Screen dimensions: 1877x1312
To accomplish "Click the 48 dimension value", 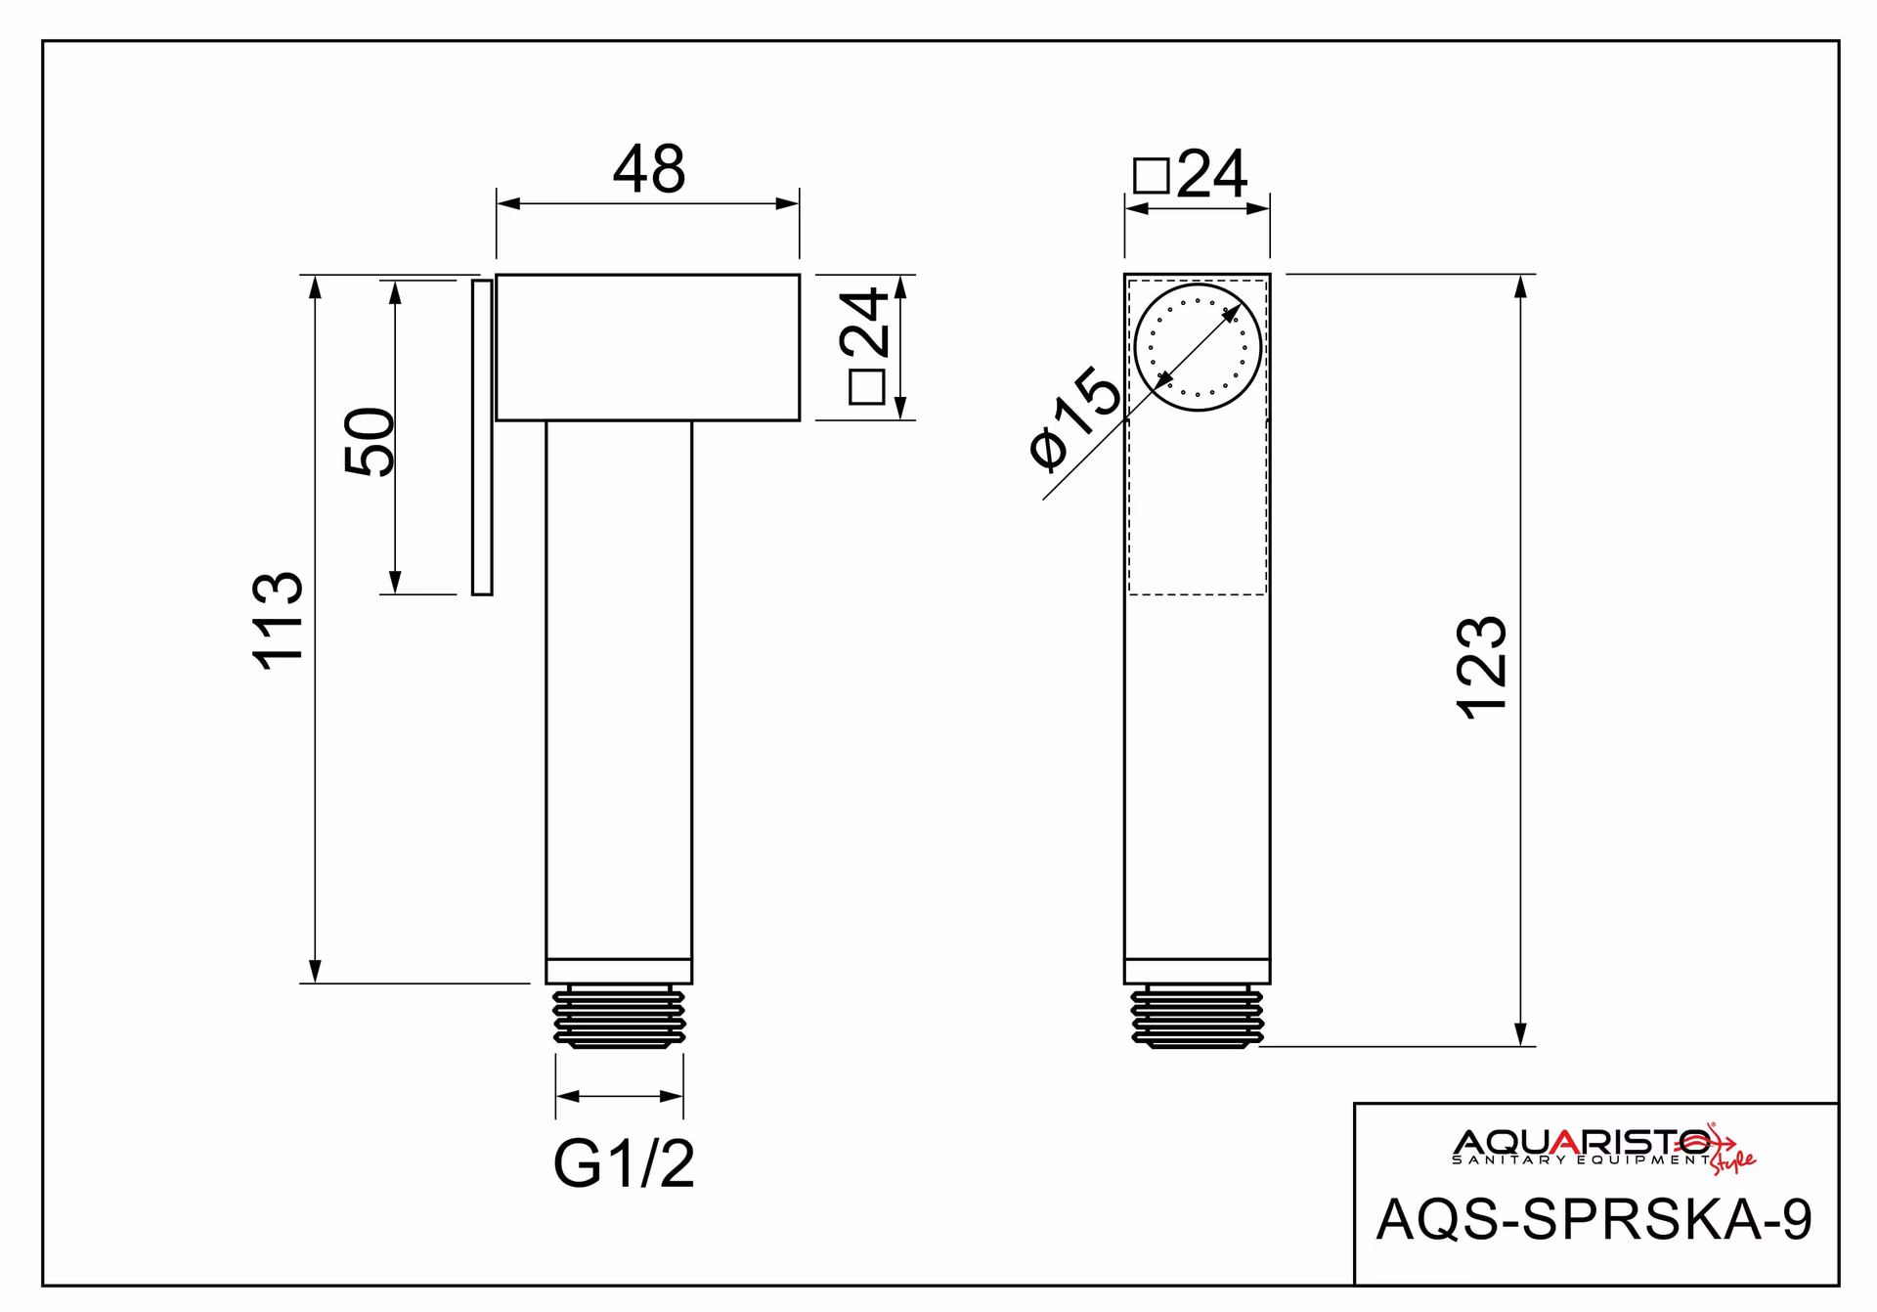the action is click(x=649, y=169).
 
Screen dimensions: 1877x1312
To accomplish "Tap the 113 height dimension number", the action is click(x=279, y=620).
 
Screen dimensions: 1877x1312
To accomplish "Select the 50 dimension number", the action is click(x=371, y=441).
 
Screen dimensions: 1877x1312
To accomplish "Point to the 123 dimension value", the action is click(x=1483, y=669).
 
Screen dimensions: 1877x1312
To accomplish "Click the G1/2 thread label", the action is click(x=624, y=1163).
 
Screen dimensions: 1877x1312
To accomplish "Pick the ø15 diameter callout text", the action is click(x=1075, y=417).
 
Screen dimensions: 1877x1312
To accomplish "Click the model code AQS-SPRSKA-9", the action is click(x=1594, y=1219).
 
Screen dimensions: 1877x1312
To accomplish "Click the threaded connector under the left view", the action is click(x=619, y=1017).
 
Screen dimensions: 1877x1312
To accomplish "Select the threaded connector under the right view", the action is click(x=1198, y=1017).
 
